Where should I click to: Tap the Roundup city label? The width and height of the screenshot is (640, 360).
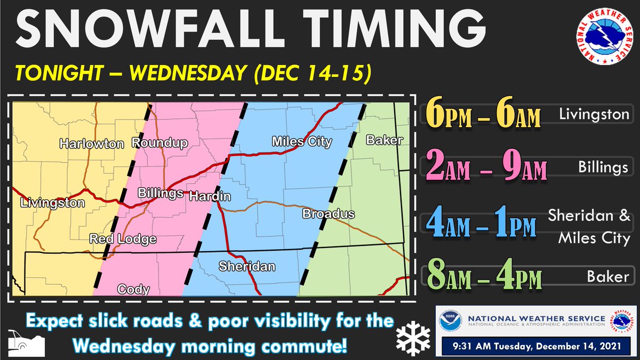(x=159, y=143)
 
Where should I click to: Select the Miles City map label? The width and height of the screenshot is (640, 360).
(x=301, y=142)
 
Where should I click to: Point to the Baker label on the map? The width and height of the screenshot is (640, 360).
(x=384, y=140)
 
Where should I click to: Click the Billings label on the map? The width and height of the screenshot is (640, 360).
(x=161, y=193)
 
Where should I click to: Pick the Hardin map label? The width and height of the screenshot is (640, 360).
(x=210, y=196)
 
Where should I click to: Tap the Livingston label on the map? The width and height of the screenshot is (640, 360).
(x=52, y=203)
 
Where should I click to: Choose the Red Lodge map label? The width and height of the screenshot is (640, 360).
(x=123, y=238)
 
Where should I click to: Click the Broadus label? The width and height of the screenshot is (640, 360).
(x=329, y=214)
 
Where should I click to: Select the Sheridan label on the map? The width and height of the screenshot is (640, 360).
(x=247, y=266)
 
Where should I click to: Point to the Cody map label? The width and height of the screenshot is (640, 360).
(x=133, y=289)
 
